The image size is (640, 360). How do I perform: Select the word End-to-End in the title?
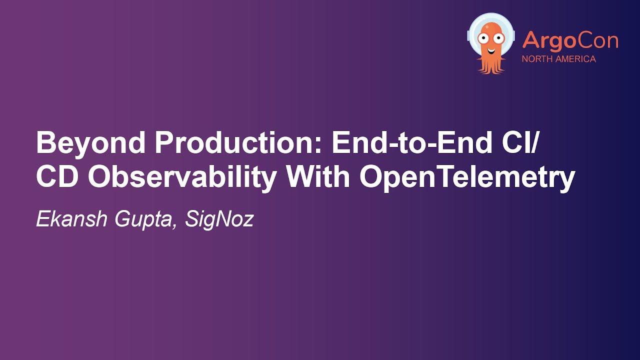[x=404, y=144]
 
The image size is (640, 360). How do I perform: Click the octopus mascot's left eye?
[x=483, y=37]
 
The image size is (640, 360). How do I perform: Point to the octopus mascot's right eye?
[x=498, y=37]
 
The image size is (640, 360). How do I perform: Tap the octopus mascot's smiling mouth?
[x=491, y=49]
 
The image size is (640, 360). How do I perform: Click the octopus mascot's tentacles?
[x=491, y=65]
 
